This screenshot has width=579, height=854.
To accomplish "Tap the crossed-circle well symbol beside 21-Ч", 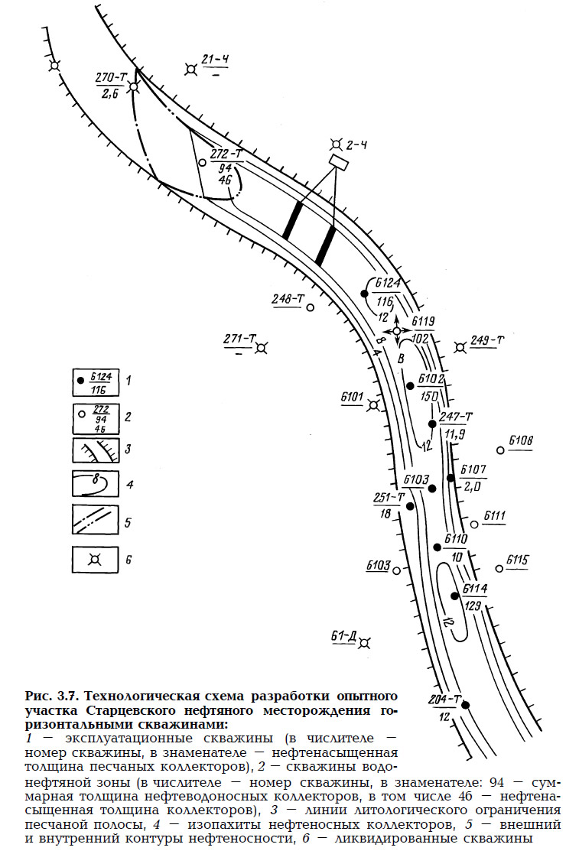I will (190, 70).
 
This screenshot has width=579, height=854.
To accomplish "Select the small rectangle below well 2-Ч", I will (338, 162).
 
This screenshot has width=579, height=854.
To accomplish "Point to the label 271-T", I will (239, 339).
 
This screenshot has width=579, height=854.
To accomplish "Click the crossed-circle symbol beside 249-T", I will (460, 347).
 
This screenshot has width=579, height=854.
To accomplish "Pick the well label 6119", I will (422, 322).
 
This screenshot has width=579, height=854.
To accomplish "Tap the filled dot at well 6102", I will (411, 385).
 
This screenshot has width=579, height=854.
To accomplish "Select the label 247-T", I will (456, 416).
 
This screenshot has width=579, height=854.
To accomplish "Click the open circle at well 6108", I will (500, 450).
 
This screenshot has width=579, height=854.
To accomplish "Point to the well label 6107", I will (473, 469).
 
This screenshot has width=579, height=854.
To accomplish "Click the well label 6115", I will (517, 560).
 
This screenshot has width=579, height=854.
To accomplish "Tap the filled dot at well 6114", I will (454, 596).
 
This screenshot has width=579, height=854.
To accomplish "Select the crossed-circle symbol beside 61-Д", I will (366, 640).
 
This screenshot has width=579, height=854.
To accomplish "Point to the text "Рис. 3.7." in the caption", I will (50, 697).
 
